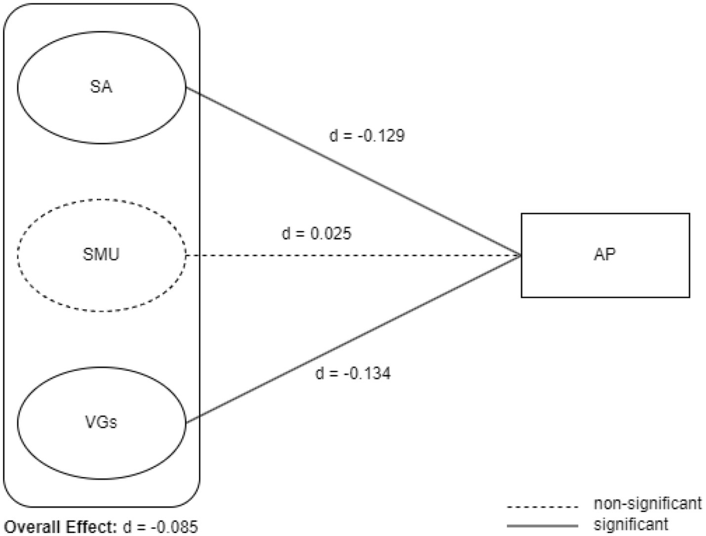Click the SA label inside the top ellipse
[x=101, y=87]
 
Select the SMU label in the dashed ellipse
[x=101, y=254]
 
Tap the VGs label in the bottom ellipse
[x=101, y=422]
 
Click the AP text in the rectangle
[x=605, y=254]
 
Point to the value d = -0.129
[x=367, y=136]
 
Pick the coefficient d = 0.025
[x=316, y=233]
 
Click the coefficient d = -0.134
[x=353, y=373]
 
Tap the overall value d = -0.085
[x=160, y=527]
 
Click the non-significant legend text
[x=647, y=503]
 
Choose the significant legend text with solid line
[x=631, y=524]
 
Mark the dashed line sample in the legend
[x=542, y=506]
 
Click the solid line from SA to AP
[x=353, y=172]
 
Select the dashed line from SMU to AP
[x=353, y=255]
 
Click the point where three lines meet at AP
[x=520, y=255]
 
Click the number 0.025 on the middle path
[x=330, y=233]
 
